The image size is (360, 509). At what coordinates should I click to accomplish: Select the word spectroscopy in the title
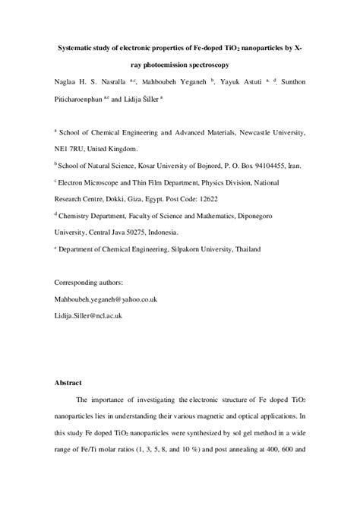pos(205,67)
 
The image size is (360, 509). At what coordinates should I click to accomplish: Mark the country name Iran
pos(293,163)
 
